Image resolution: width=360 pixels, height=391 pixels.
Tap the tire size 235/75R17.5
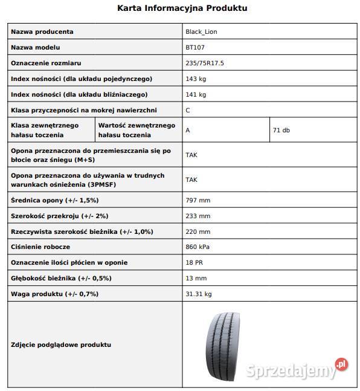(204, 63)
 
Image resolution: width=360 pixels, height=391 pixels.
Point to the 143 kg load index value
(196, 79)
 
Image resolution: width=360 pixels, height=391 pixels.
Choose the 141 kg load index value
(196, 94)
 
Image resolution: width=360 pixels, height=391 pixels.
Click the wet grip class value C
(187, 110)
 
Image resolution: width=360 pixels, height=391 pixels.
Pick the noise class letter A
(188, 130)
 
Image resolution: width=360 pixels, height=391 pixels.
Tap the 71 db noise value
(281, 130)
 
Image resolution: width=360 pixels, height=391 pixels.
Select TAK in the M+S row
(191, 155)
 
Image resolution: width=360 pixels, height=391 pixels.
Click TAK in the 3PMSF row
(191, 179)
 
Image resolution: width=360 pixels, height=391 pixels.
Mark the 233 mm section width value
(198, 216)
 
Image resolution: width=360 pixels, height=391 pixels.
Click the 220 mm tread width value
(198, 231)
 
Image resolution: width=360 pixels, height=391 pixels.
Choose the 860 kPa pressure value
(199, 247)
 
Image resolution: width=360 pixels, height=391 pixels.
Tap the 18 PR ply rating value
(194, 263)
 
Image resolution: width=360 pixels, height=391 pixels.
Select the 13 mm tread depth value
(196, 279)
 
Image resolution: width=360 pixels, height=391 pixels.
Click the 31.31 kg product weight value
(199, 294)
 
